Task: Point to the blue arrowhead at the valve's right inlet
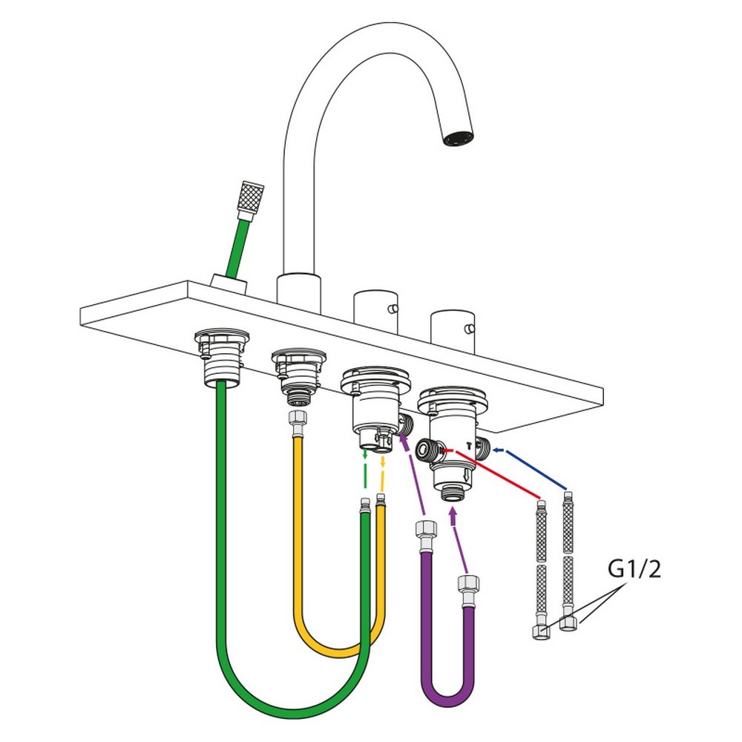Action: click(496, 450)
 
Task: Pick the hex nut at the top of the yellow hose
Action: click(298, 418)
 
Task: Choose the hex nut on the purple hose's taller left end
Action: click(426, 530)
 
